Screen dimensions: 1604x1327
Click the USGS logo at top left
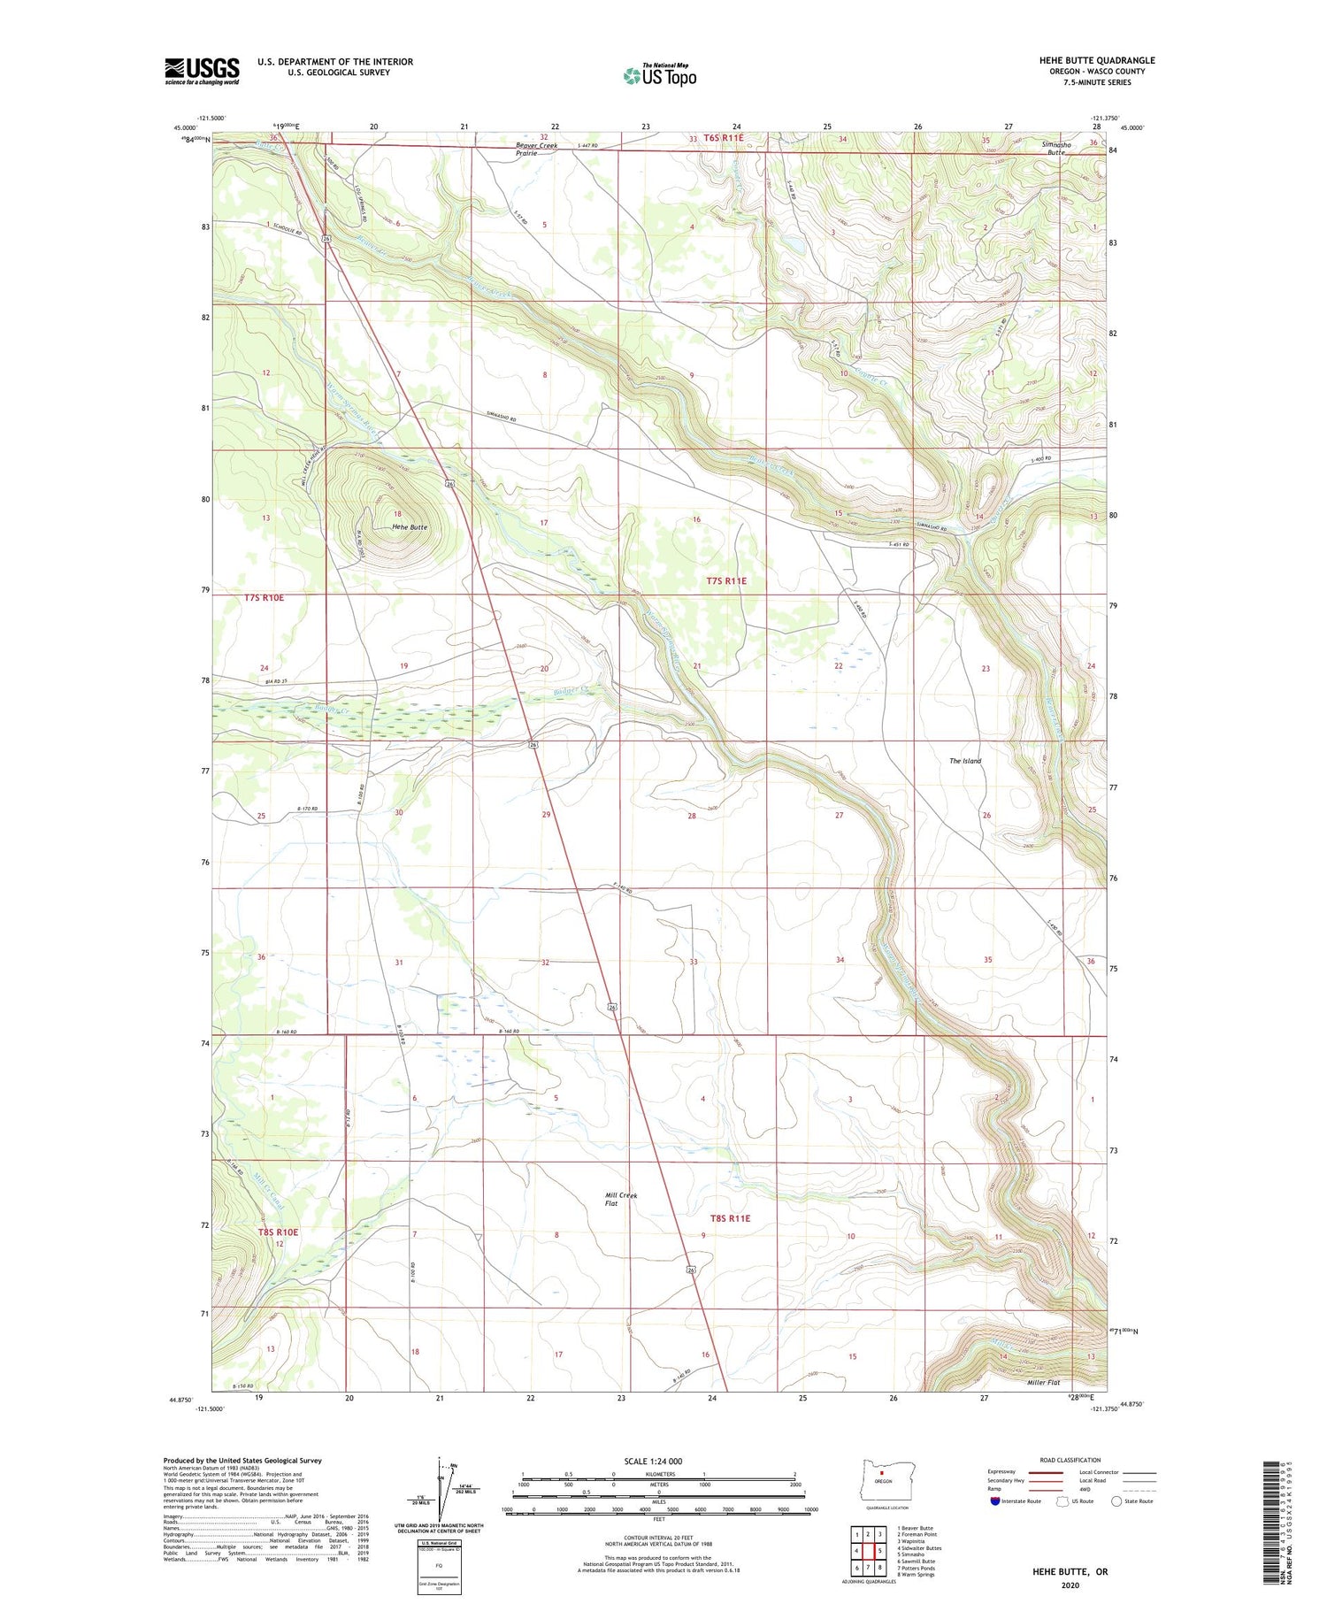tap(202, 71)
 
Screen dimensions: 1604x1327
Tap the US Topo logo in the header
tap(659, 75)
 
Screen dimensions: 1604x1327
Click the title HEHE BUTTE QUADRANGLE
tap(1097, 60)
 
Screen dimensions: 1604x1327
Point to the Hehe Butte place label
tap(410, 527)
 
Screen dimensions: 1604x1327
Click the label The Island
tap(965, 761)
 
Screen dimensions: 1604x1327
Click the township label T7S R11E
tap(726, 581)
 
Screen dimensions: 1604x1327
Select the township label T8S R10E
tap(278, 1232)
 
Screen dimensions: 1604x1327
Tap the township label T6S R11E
tap(716, 138)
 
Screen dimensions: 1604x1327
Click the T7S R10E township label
tap(264, 598)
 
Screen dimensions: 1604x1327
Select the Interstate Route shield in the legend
tap(994, 1501)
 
